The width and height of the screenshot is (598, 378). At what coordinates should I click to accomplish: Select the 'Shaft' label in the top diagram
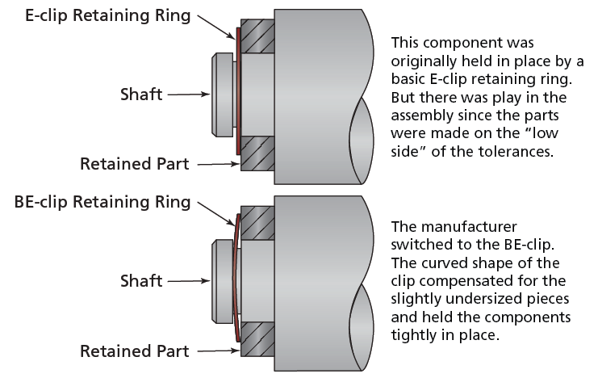[x=141, y=94]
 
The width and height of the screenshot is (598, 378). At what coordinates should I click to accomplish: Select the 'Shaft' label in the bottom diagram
[x=141, y=281]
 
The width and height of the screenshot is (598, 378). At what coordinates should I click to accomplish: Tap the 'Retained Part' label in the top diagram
[x=134, y=164]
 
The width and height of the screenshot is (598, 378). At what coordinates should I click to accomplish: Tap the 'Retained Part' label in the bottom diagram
[x=134, y=351]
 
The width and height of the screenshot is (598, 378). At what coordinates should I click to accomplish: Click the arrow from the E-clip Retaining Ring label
[x=215, y=27]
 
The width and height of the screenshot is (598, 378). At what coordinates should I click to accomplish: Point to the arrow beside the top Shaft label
[x=186, y=94]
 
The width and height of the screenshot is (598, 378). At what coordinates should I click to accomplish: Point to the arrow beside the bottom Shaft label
[x=186, y=282]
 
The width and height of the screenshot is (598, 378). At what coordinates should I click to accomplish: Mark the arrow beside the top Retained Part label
[x=216, y=165]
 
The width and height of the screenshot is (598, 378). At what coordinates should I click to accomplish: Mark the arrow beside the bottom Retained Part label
[x=216, y=352]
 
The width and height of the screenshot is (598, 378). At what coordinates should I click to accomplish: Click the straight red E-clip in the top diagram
[x=237, y=93]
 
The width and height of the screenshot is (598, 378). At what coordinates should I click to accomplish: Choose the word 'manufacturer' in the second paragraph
[x=460, y=226]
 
